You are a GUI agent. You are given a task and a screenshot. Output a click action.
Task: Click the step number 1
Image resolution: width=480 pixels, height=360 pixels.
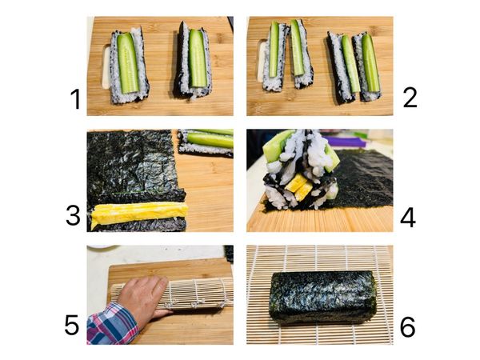pos(76,101)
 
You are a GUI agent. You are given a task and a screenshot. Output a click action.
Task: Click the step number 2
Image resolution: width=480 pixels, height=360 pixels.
pos(410,98)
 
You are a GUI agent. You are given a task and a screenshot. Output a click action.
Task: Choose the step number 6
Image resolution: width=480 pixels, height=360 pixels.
pos(407,326)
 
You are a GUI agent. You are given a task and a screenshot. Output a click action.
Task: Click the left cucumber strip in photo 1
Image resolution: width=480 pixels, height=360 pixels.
pos(127,62)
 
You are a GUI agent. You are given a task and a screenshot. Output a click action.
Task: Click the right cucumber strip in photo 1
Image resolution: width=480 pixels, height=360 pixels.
pos(197,58)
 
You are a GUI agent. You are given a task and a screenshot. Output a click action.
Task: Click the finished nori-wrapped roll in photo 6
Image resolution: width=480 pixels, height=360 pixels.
pos(322,297)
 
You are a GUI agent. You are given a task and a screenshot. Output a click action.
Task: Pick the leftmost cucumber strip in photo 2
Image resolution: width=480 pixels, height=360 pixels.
pos(274,50)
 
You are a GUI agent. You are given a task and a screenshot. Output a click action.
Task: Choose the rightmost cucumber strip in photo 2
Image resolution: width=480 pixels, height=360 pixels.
pos(370,62)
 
